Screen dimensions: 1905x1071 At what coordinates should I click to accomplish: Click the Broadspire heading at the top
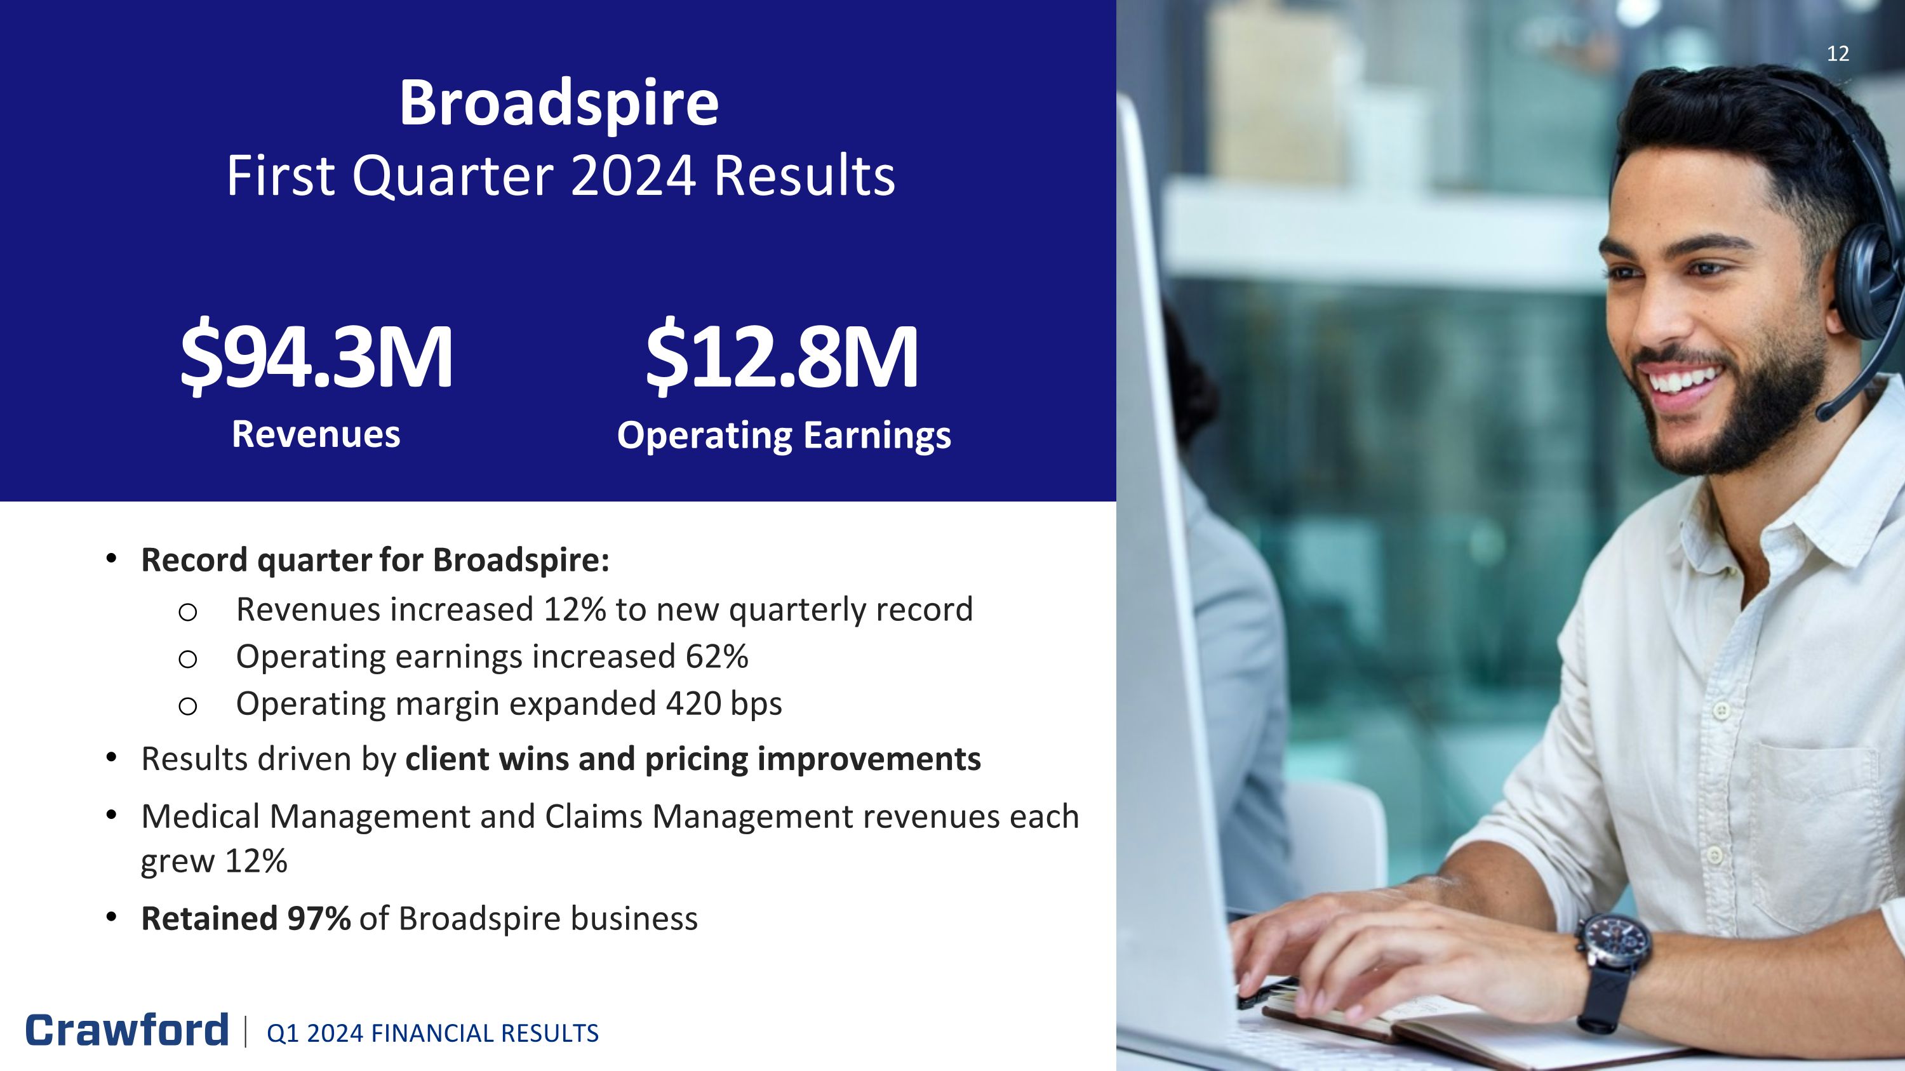click(x=559, y=103)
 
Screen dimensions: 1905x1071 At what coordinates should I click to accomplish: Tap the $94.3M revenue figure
click(x=316, y=356)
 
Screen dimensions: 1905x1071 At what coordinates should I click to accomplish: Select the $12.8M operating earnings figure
click(x=782, y=356)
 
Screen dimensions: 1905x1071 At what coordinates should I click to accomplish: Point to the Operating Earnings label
click(x=784, y=436)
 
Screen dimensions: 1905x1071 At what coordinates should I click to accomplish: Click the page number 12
click(x=1838, y=54)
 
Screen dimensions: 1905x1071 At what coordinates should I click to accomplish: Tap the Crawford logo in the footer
click(x=127, y=1030)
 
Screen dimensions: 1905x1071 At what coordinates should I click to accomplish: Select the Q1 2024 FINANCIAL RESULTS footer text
click(x=432, y=1034)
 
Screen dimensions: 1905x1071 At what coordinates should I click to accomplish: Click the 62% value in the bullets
click(x=716, y=656)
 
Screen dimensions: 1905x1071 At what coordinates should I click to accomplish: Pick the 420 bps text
click(x=723, y=703)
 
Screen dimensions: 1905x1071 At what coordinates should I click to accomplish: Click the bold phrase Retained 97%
click(x=246, y=919)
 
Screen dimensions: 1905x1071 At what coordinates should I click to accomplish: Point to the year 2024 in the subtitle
click(x=634, y=176)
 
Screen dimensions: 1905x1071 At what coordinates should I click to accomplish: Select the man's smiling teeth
click(x=1682, y=382)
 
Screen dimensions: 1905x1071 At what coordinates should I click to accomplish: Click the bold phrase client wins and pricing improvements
click(x=693, y=760)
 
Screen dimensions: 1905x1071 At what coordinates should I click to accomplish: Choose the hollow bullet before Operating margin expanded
click(x=188, y=706)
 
